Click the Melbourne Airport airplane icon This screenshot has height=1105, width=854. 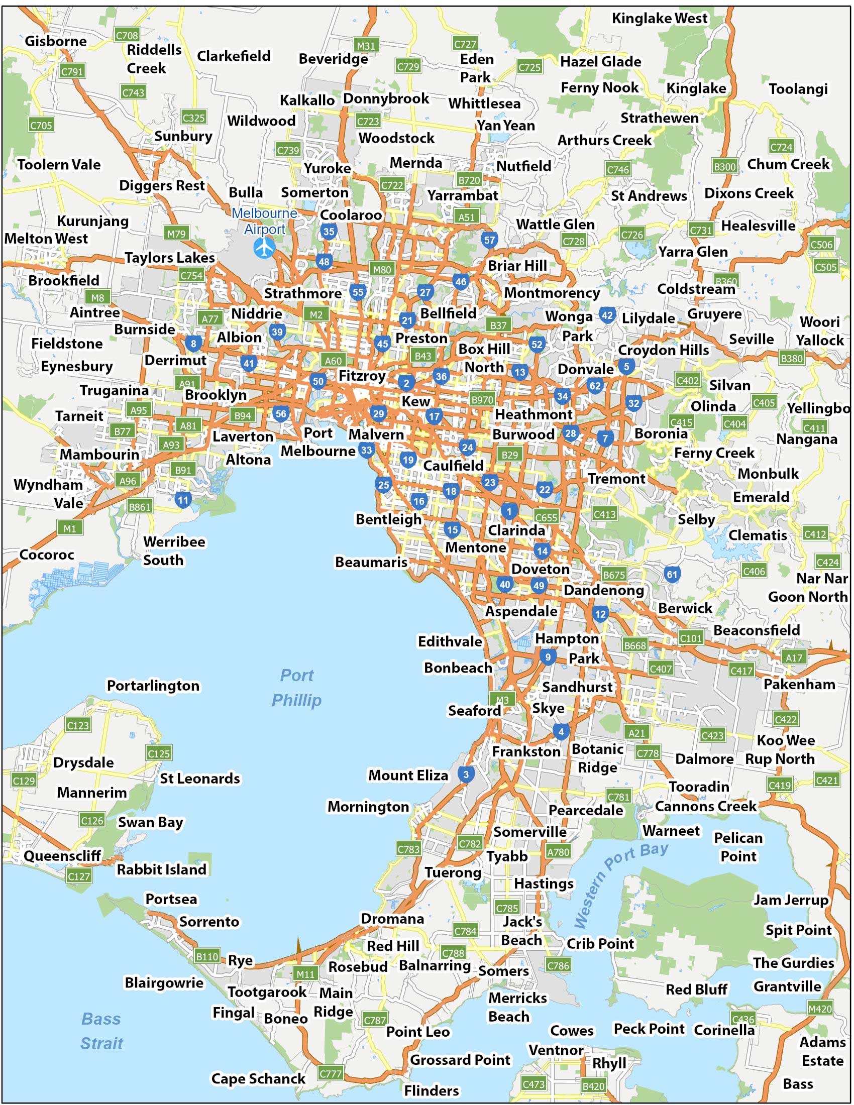tap(264, 248)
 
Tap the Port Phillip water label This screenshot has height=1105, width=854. tap(297, 687)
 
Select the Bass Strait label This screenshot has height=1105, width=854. tap(101, 1031)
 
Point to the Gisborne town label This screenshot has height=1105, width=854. tap(56, 41)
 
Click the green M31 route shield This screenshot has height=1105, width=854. tap(366, 46)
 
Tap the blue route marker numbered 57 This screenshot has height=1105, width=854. tap(489, 240)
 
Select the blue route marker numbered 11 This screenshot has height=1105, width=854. tap(183, 500)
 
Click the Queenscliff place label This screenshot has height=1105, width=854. tap(62, 855)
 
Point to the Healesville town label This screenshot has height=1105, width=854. tap(758, 226)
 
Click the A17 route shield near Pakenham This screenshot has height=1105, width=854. tap(794, 657)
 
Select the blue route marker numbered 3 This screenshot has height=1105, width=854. tap(466, 774)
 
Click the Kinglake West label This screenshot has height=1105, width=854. tap(659, 19)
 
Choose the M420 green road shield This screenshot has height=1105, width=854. tap(820, 1009)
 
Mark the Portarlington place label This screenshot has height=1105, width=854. tap(153, 686)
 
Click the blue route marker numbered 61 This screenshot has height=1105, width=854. tap(671, 574)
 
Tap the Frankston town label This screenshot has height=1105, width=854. tap(526, 751)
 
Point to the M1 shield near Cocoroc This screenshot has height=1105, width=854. tap(70, 529)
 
